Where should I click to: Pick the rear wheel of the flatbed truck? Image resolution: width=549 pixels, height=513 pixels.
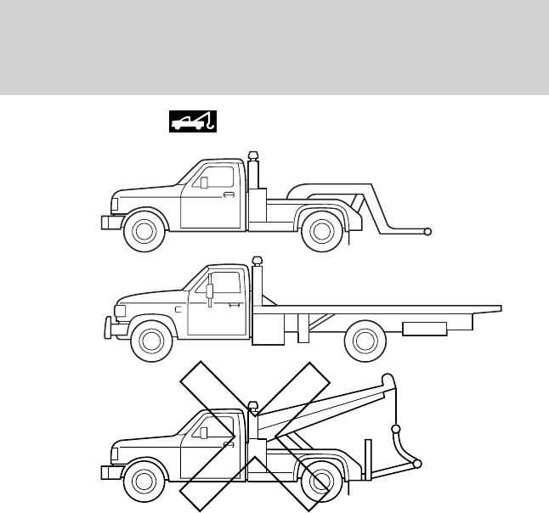point(364,340)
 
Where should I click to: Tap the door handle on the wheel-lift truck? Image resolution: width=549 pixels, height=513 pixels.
point(229,195)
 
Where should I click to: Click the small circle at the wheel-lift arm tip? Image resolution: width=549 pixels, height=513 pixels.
point(427,231)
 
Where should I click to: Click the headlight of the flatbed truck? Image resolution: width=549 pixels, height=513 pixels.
point(120,311)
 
